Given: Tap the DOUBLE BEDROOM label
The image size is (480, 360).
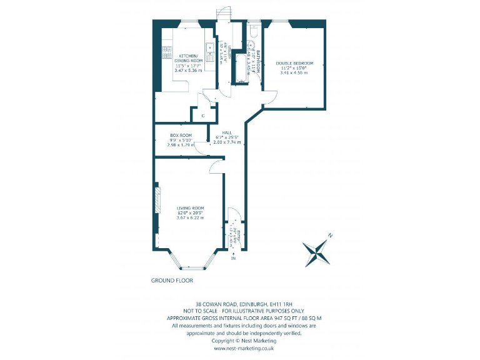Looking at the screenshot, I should click(x=294, y=63).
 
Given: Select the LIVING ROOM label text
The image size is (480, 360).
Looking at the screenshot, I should click(x=190, y=207).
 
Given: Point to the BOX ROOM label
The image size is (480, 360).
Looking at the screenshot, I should click(x=181, y=135).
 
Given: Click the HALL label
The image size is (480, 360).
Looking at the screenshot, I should click(x=227, y=132).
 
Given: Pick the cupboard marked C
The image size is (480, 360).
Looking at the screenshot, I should click(x=203, y=115).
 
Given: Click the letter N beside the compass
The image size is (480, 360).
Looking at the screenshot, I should click(x=331, y=236).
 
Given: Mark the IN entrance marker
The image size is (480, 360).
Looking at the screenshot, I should click(x=234, y=258).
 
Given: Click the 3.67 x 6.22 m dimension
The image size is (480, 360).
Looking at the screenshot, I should click(x=190, y=217).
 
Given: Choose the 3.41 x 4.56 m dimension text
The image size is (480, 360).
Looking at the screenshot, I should click(x=294, y=73).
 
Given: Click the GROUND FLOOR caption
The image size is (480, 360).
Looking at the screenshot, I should click(x=172, y=281).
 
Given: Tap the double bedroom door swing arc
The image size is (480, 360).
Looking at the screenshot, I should click(x=269, y=96).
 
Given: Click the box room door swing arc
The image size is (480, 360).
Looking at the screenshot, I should click(x=200, y=147).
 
